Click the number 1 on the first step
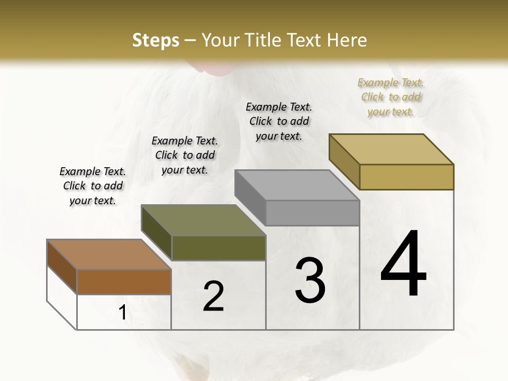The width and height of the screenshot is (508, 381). click(122, 313)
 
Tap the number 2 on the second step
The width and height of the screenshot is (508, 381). click(213, 296)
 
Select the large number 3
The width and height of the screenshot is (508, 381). click(310, 280)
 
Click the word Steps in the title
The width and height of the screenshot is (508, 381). click(155, 40)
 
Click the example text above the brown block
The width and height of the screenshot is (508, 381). click(93, 186)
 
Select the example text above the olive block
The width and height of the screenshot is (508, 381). click(185, 155)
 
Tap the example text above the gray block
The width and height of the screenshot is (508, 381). click(279, 121)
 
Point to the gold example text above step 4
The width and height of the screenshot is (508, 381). click(391, 97)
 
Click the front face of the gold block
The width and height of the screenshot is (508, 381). click(406, 177)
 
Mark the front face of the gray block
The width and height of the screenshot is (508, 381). click(312, 213)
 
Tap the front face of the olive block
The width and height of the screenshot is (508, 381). click(219, 248)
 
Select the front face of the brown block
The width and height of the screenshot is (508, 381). click(124, 282)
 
